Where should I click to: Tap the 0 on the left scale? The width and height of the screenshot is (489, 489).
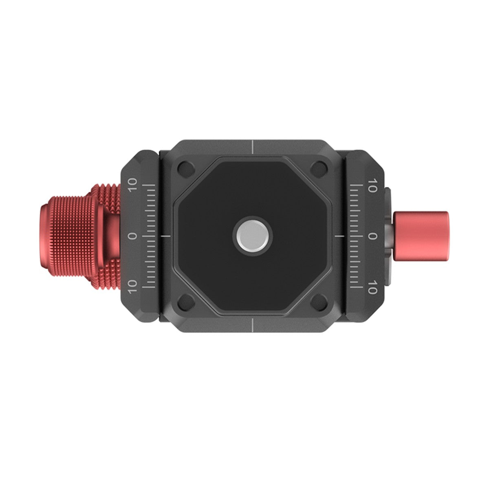[x=132, y=236]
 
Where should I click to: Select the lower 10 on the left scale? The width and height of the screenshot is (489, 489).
[x=132, y=286]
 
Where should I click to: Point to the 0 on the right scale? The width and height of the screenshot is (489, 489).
[x=372, y=236]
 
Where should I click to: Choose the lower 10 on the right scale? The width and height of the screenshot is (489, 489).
[x=372, y=286]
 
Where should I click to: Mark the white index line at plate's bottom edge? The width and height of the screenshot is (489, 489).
[x=252, y=326]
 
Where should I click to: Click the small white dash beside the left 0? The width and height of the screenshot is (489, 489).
[x=165, y=236]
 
